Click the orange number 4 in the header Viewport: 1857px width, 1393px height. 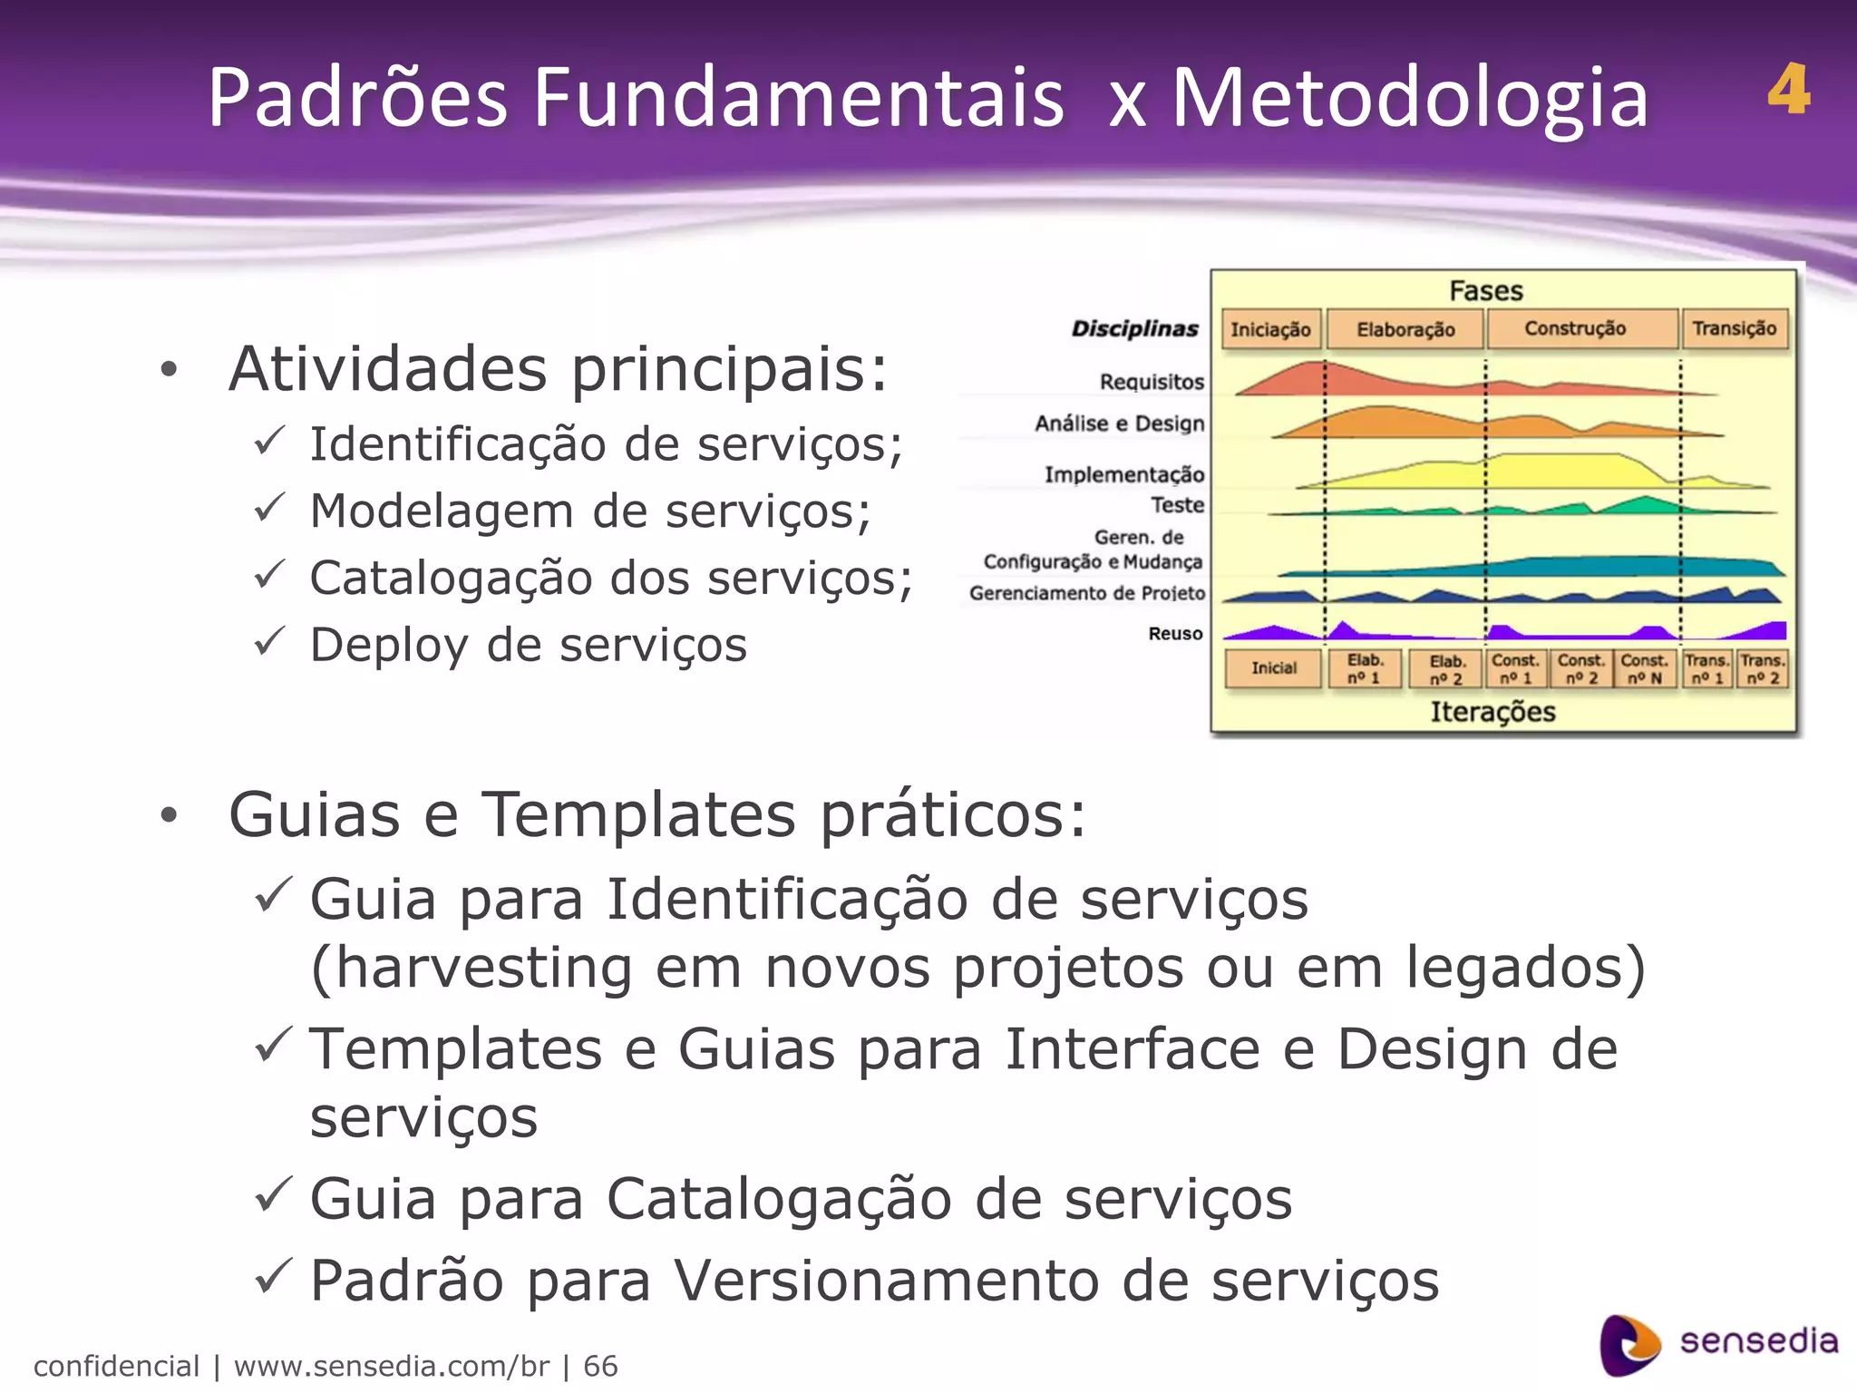1788,91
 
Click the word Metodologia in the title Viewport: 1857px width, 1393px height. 1410,98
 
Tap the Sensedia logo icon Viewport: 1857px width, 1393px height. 1629,1345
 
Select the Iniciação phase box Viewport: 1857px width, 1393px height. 1270,329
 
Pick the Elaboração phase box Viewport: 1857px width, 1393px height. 1405,329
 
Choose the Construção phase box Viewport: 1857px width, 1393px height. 1575,328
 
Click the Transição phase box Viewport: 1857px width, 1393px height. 1735,328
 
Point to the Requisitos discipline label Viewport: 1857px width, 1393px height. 1152,382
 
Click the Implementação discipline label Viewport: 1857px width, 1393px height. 1124,474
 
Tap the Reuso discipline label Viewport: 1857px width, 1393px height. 1175,634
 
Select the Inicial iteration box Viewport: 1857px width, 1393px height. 1274,668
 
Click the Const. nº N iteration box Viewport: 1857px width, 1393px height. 1645,669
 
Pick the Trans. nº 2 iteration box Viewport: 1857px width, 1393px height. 1763,669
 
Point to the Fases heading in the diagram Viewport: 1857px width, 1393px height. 1486,291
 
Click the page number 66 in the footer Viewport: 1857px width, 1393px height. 600,1366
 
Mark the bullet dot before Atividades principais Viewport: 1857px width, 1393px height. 169,370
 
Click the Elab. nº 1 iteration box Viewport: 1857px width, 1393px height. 1365,669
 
